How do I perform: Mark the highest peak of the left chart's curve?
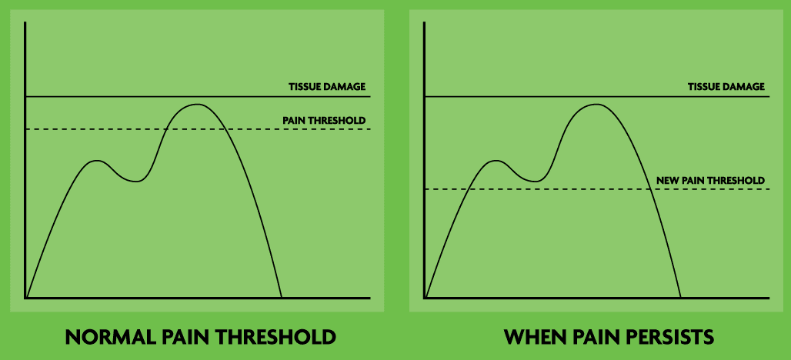(x=197, y=105)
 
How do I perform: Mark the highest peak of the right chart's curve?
(x=596, y=105)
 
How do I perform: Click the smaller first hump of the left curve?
(x=96, y=161)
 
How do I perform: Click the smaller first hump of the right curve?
(x=496, y=161)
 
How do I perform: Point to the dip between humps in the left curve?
(x=136, y=182)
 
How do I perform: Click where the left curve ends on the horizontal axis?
(x=281, y=298)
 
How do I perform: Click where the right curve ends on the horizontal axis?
(x=681, y=298)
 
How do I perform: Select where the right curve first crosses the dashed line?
(x=469, y=189)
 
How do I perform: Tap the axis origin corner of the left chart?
(x=25, y=298)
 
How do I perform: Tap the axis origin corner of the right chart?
(x=425, y=298)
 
